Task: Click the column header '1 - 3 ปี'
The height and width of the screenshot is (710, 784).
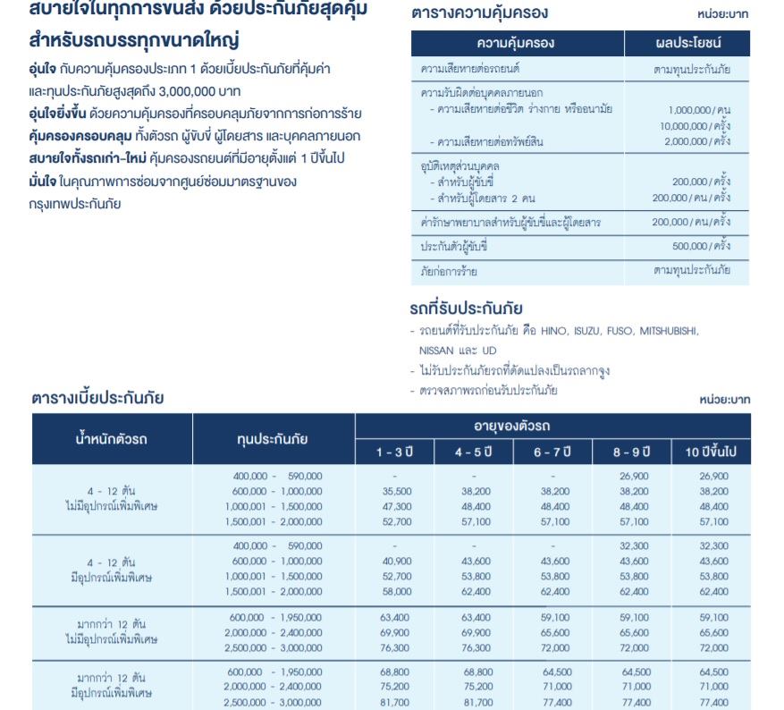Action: [x=395, y=452]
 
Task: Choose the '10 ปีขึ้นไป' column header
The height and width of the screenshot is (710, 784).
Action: [x=712, y=452]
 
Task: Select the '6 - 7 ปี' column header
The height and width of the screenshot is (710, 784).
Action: [x=553, y=452]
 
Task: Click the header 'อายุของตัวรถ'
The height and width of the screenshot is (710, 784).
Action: [x=552, y=426]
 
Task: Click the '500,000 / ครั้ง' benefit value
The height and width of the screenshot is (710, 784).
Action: [x=701, y=246]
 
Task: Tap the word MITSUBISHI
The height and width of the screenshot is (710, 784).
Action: [x=669, y=332]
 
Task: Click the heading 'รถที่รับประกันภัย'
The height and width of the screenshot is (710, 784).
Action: [x=466, y=309]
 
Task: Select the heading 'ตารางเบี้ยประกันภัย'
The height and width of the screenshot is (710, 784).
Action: [x=98, y=397]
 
